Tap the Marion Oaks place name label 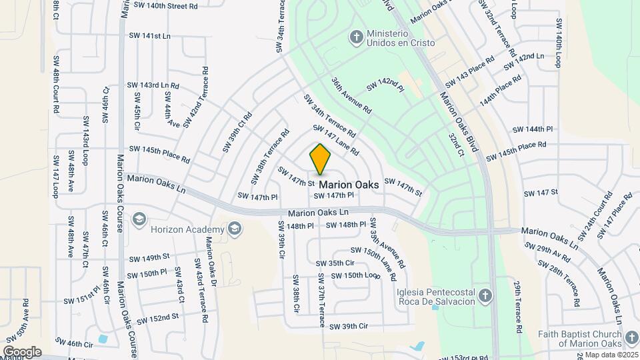(349, 184)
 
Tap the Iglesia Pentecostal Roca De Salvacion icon (486, 295)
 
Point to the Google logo (22, 351)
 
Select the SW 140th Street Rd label (165, 5)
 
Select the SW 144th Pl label (533, 129)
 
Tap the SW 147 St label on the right (540, 193)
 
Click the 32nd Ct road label (456, 145)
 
